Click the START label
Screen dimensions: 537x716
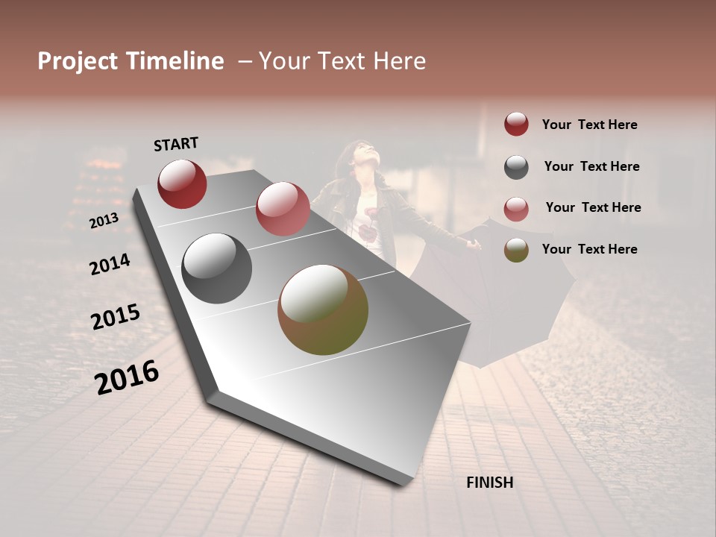pos(176,144)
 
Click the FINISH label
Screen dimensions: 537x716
pos(489,483)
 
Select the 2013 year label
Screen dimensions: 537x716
pos(104,221)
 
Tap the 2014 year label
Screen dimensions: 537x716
pos(110,264)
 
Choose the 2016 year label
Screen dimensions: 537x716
pos(127,377)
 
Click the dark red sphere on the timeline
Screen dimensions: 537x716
pos(182,183)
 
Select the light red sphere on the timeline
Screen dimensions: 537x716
pos(283,209)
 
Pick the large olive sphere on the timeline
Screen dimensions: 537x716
pos(323,310)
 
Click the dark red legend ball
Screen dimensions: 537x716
pos(516,124)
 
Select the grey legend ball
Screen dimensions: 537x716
pos(516,166)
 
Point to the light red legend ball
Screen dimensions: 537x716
pos(516,208)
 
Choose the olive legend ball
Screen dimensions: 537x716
pos(516,250)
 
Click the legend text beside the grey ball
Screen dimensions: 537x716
pos(591,166)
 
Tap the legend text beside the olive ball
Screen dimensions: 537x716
pos(589,249)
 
